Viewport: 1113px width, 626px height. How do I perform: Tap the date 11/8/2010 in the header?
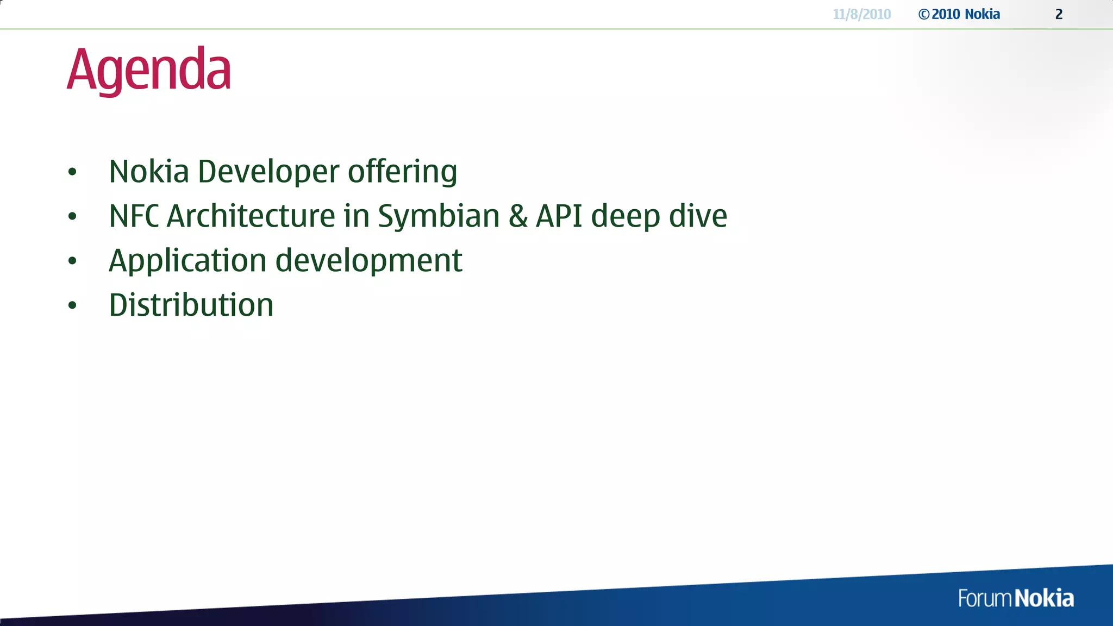[x=862, y=14]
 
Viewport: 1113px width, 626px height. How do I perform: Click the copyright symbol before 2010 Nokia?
[x=923, y=15]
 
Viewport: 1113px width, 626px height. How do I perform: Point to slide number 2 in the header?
[x=1059, y=14]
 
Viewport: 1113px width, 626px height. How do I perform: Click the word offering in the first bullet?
[x=402, y=172]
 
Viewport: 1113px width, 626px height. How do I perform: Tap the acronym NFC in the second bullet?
[x=134, y=216]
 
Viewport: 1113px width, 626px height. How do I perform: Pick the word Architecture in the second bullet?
[x=251, y=216]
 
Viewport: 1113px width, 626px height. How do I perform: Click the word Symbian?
[x=439, y=217]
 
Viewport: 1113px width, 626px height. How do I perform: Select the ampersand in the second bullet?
[x=518, y=216]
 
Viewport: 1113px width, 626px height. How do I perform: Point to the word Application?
[x=187, y=261]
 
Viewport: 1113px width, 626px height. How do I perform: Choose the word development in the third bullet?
[x=368, y=261]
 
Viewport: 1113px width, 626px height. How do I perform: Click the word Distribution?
[x=191, y=305]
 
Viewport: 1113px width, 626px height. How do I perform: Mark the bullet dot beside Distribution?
[x=72, y=305]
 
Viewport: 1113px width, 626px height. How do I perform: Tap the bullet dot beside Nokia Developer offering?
[x=72, y=172]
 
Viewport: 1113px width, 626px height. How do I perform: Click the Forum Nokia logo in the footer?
[x=1016, y=598]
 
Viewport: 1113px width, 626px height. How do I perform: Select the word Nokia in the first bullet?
[x=149, y=172]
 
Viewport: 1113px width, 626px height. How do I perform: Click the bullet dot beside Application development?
[x=72, y=261]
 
